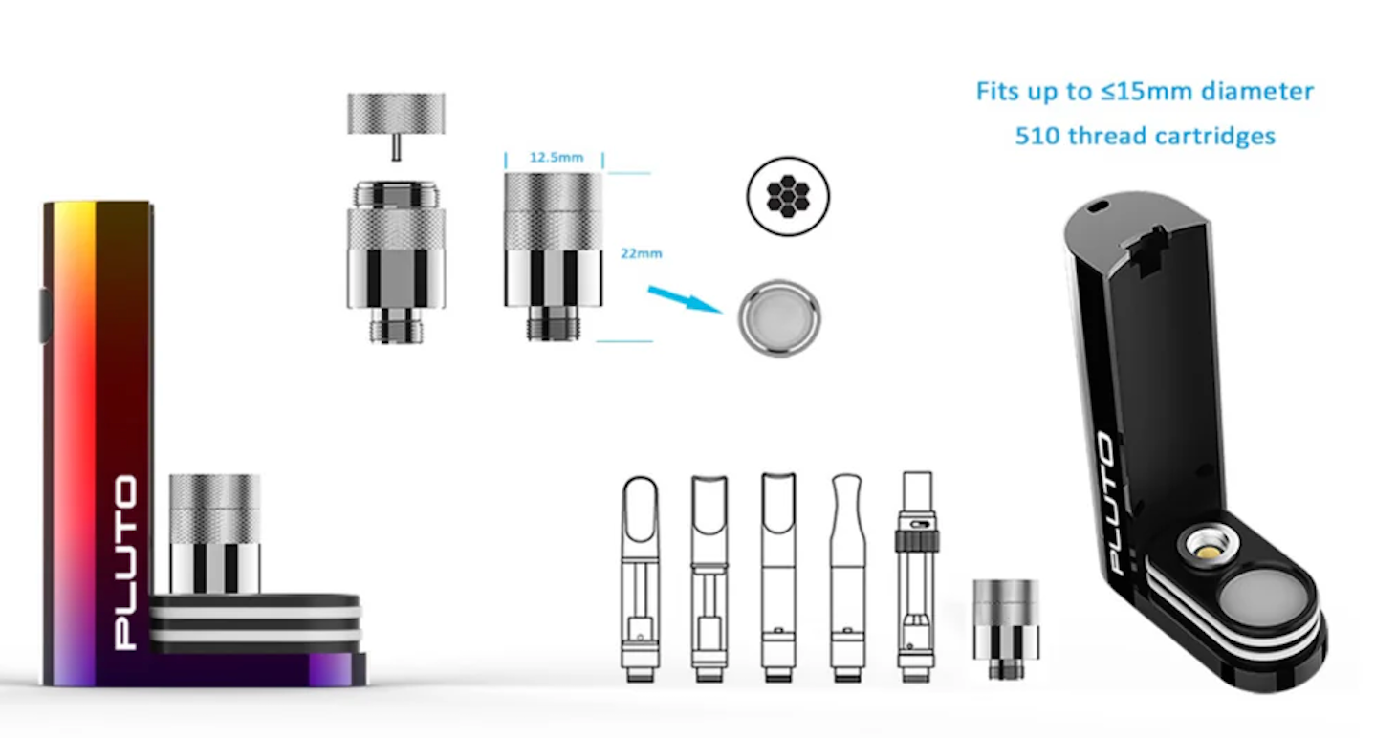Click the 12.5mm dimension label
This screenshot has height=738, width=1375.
coord(557,157)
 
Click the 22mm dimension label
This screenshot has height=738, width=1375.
coord(642,253)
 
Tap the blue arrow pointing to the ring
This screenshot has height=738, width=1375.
coord(685,299)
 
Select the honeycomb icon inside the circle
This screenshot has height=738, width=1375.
coord(788,196)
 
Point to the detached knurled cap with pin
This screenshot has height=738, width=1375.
coord(397,126)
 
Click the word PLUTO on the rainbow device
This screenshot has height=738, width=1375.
coord(126,562)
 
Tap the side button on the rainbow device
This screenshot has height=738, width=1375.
coord(46,315)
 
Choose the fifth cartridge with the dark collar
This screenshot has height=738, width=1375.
coord(916,577)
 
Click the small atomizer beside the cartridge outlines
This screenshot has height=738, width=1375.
coord(1006,629)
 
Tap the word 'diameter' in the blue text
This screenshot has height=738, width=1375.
coord(1257,92)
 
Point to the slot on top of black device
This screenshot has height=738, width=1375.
coord(1099,207)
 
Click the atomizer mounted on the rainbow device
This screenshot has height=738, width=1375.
coord(214,533)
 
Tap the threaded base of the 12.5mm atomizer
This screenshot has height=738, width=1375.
coord(553,323)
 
